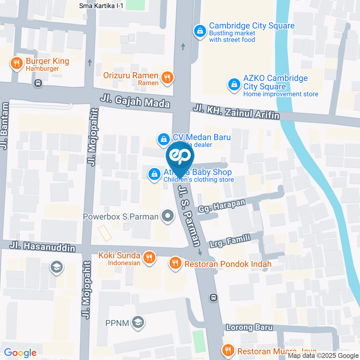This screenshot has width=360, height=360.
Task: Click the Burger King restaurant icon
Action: coord(16,63)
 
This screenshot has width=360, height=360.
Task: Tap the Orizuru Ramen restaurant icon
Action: coord(167,78)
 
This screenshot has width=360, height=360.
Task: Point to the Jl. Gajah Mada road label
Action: coord(135,102)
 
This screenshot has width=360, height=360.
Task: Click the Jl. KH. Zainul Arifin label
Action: coord(237,112)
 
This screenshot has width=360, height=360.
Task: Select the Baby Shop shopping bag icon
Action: coord(154,174)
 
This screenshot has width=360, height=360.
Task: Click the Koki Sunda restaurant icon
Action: coord(149,258)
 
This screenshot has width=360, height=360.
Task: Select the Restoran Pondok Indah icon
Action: coord(175,263)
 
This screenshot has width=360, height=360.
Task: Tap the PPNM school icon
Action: coord(139,322)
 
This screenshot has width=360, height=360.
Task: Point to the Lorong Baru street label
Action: coord(249,327)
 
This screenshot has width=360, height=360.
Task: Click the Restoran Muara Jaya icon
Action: coord(228,351)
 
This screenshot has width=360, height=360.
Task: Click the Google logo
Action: coord(20,352)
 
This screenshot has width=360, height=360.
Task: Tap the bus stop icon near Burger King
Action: coord(38,83)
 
